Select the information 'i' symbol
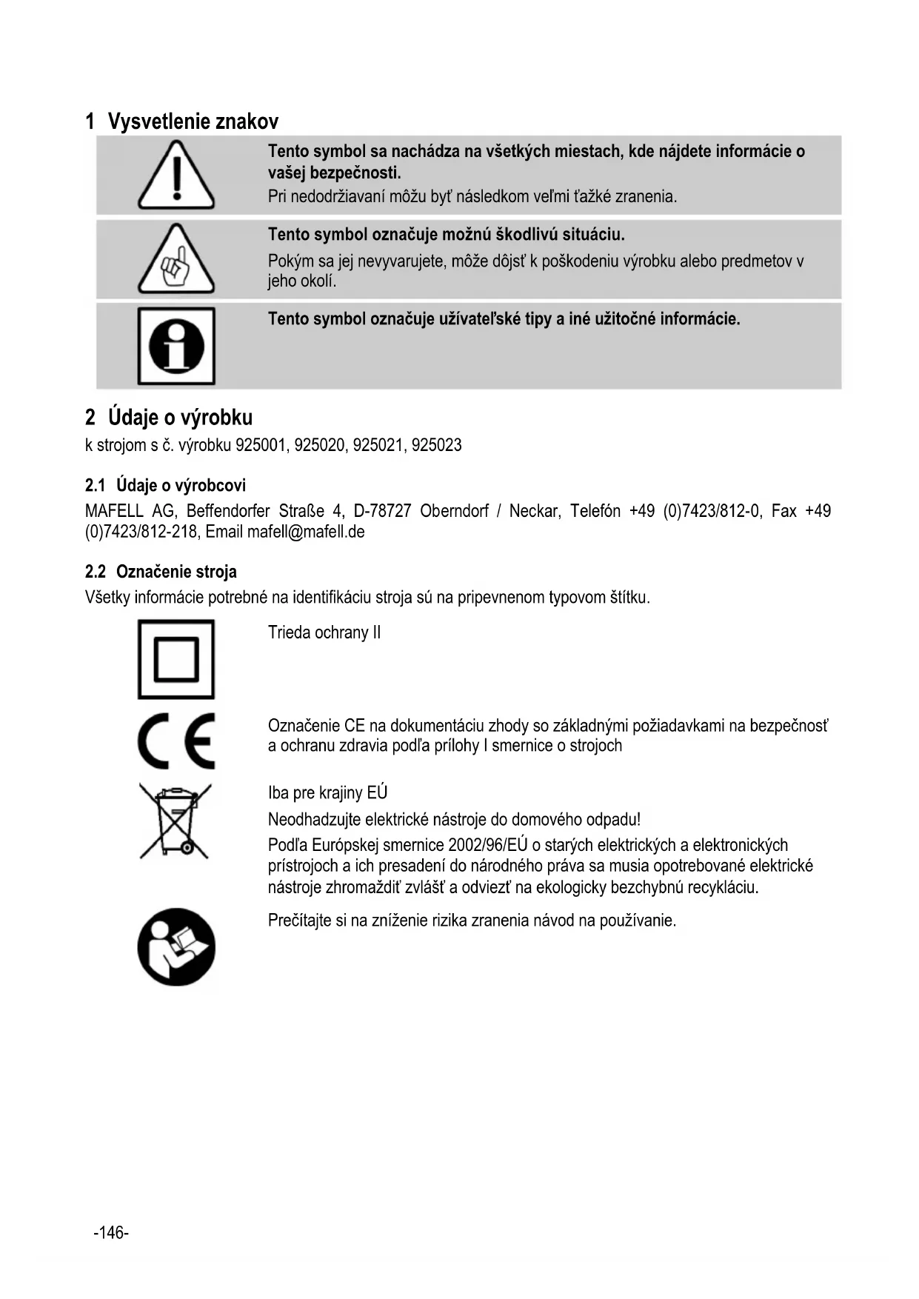point(176,346)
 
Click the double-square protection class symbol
point(176,659)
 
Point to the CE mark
point(176,741)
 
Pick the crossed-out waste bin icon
point(176,821)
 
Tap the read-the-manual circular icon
point(176,947)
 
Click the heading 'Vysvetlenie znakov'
point(193,121)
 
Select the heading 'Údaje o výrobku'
point(180,418)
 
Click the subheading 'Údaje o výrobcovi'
point(181,486)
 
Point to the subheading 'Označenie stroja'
point(176,572)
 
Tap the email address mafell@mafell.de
point(306,532)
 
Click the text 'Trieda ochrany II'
point(324,632)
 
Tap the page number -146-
point(111,1232)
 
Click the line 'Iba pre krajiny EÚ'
point(327,793)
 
